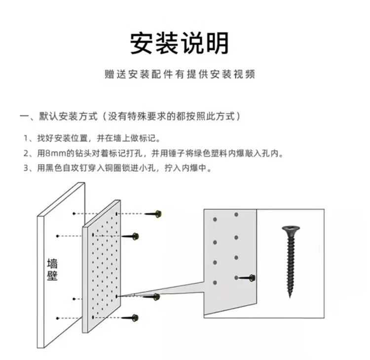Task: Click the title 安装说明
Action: click(180, 43)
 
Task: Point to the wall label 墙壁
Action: click(52, 269)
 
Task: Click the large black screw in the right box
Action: click(290, 261)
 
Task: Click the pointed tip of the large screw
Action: click(291, 296)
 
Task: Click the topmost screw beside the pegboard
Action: click(155, 214)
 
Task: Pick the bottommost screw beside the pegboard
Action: click(133, 318)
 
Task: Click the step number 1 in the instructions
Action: click(26, 138)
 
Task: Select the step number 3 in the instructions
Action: click(26, 168)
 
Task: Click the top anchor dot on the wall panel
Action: click(74, 213)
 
